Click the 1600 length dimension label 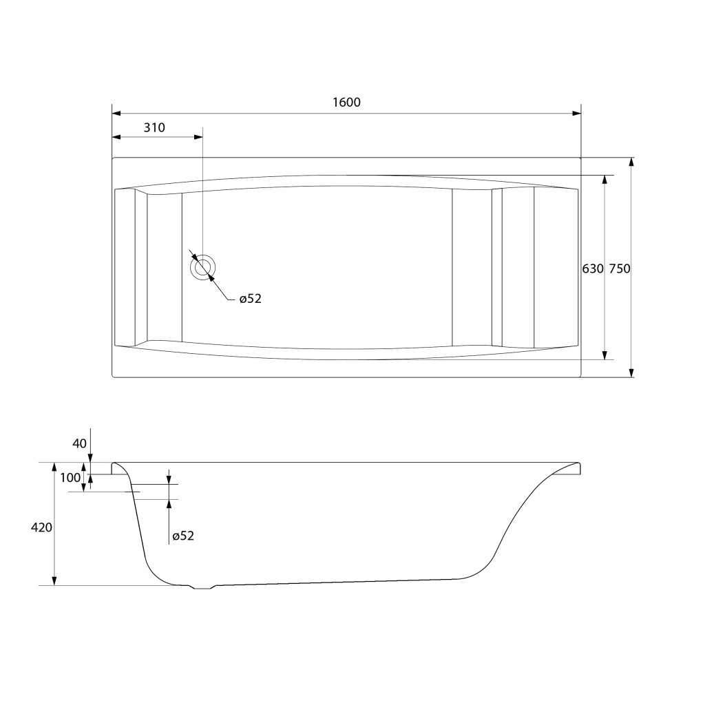346,103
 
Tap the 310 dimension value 154,127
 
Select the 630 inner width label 593,269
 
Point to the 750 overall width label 620,269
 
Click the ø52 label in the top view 250,299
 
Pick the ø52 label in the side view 183,536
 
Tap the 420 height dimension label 41,527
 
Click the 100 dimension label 70,478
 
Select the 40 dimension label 79,444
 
